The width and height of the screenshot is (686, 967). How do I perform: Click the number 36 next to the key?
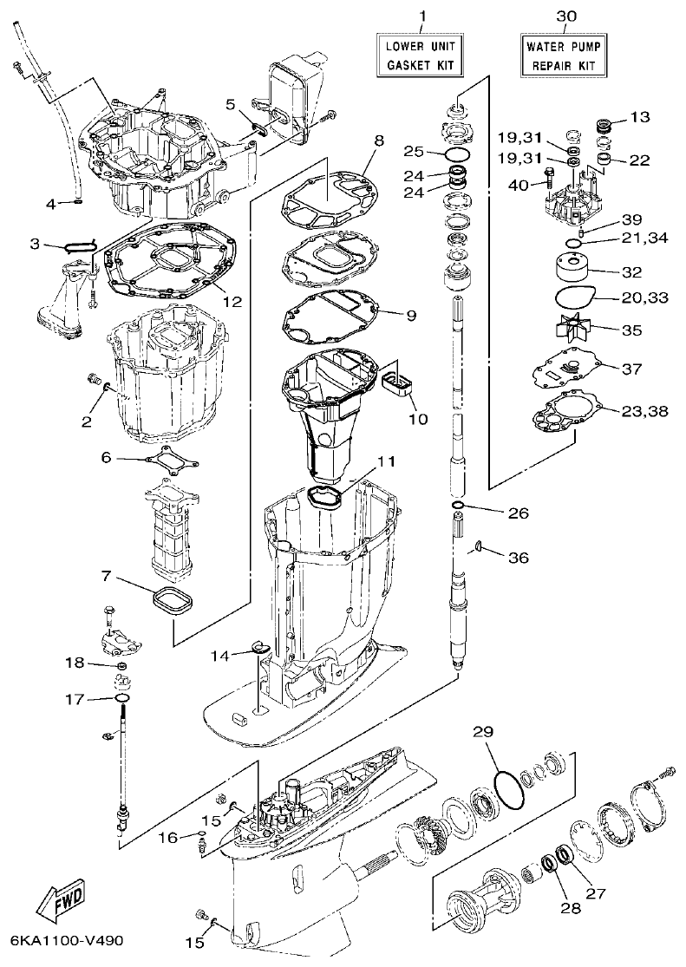click(x=518, y=558)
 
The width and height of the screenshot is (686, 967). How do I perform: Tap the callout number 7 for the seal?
click(x=106, y=576)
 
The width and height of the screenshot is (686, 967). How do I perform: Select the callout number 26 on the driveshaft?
click(x=518, y=513)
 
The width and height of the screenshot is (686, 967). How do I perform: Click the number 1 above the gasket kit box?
click(x=422, y=16)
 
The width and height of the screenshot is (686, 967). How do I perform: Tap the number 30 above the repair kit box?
click(x=565, y=16)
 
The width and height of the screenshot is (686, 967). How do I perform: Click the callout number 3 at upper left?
click(x=36, y=245)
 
